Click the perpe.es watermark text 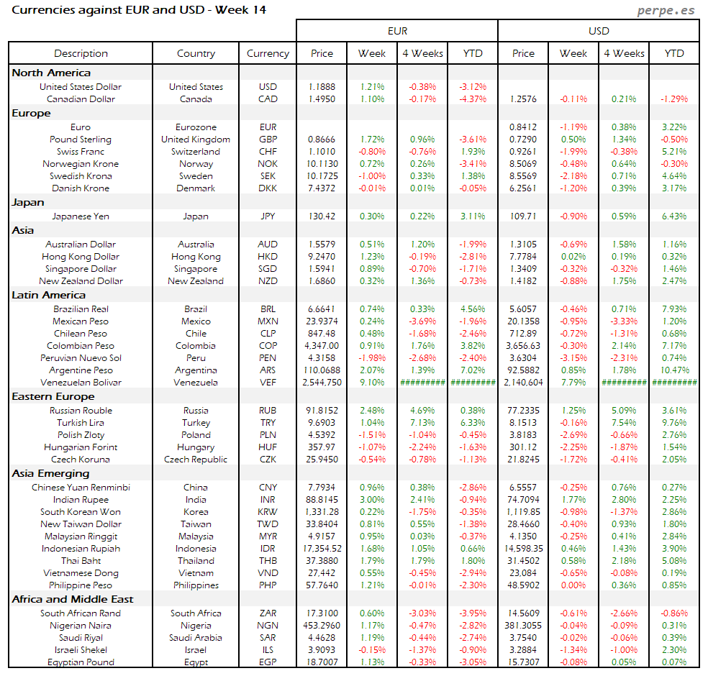(x=667, y=11)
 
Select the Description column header (x=81, y=53)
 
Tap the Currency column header (x=268, y=53)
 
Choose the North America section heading (x=51, y=73)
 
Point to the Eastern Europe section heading (x=53, y=396)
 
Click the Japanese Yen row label (x=81, y=216)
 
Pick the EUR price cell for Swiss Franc (x=322, y=152)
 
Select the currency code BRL (x=268, y=309)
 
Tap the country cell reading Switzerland (x=196, y=152)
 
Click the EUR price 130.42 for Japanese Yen (x=322, y=216)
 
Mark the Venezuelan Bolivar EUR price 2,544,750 (x=322, y=383)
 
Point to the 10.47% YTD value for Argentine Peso (x=674, y=370)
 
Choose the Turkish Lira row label (x=81, y=423)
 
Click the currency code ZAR (x=268, y=613)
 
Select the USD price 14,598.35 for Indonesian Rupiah (x=524, y=549)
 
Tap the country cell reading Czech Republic (x=196, y=460)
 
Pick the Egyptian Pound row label (x=81, y=662)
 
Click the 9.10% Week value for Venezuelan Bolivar (x=372, y=383)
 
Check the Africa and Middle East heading (x=73, y=599)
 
